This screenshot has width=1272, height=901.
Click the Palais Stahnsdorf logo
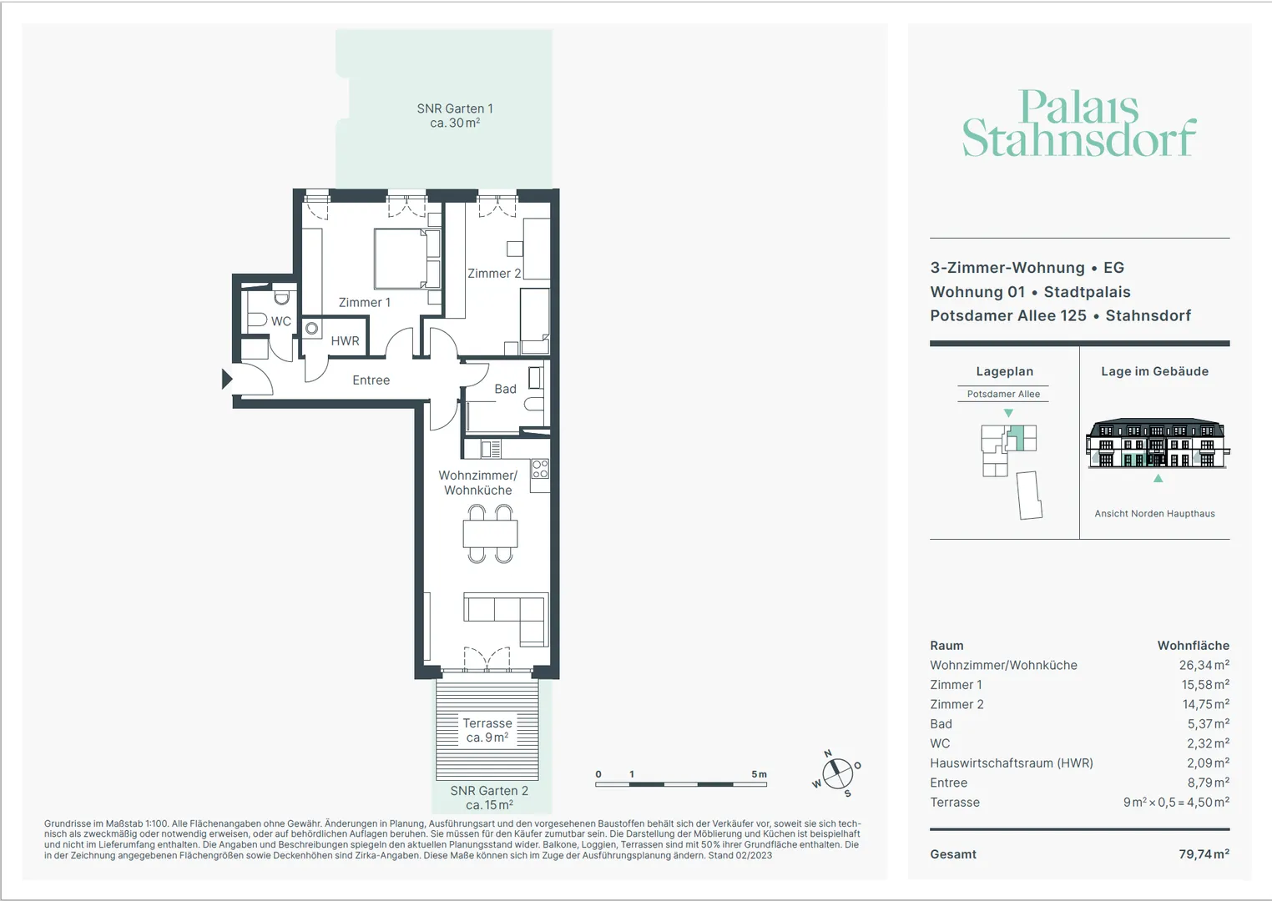click(x=1079, y=123)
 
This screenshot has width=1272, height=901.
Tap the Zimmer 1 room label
click(x=365, y=303)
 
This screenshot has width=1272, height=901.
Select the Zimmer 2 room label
click(x=494, y=274)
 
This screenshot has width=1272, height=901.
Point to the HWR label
click(x=346, y=340)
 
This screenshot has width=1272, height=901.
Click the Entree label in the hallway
click(x=371, y=380)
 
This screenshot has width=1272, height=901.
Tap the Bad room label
click(x=506, y=389)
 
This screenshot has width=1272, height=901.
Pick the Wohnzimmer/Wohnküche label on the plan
click(x=478, y=482)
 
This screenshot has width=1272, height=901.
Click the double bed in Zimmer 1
click(x=407, y=259)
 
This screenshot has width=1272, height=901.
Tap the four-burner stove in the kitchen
click(x=540, y=469)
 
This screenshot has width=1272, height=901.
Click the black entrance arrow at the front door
click(x=227, y=380)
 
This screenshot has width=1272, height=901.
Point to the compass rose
click(x=838, y=773)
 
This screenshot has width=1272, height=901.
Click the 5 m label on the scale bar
click(x=760, y=774)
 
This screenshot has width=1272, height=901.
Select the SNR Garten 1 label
click(x=455, y=115)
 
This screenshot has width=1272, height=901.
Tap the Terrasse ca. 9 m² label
click(x=487, y=730)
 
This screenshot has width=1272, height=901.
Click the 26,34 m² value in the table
click(x=1204, y=665)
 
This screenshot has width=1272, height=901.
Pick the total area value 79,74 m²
click(x=1204, y=854)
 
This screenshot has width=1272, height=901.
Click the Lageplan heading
click(x=1005, y=371)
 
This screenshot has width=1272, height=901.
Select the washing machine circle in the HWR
click(x=312, y=328)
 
